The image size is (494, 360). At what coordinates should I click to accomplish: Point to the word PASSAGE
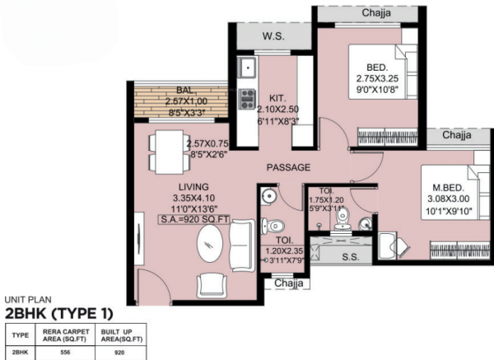288,167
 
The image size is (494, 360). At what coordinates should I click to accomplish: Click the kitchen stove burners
246,99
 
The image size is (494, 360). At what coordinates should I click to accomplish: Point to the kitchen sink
246,67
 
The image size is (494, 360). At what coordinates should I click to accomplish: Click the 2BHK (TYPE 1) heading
58,314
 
